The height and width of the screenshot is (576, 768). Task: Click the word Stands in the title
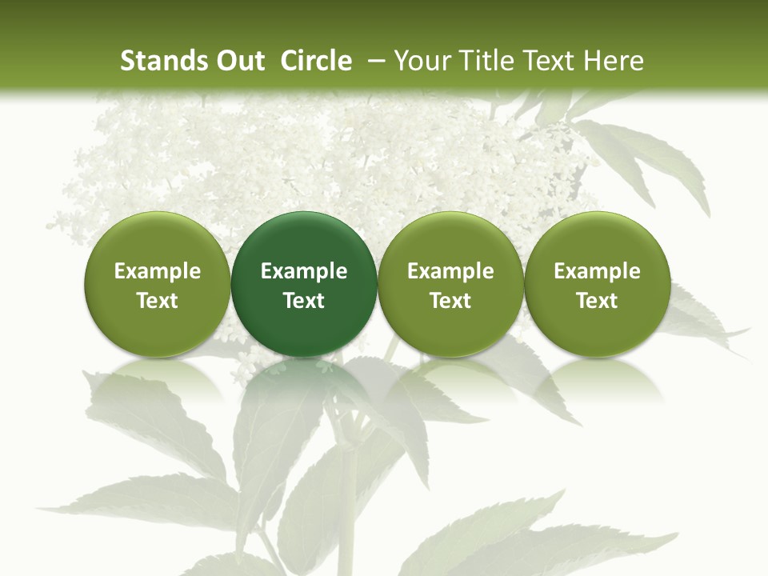coord(165,61)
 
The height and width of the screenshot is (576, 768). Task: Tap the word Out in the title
coord(239,61)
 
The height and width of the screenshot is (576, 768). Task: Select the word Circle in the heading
coord(316,61)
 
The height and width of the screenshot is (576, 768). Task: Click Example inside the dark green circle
coord(304,271)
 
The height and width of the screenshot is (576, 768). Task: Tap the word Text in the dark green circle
coord(304,301)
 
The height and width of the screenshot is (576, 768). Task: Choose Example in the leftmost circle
coord(158,271)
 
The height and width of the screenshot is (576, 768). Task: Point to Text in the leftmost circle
coord(158,301)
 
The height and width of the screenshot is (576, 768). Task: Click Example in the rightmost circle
coord(597,271)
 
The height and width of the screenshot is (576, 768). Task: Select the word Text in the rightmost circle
coord(597,301)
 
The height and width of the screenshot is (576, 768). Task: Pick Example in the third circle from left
coord(450,271)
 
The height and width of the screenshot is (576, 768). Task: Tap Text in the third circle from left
coord(450,301)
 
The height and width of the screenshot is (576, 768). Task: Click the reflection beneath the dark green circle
coord(304,380)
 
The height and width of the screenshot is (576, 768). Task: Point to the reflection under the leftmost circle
coord(158,380)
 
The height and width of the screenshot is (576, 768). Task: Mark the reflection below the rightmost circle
coord(597,380)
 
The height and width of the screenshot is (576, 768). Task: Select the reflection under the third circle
coord(450,380)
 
